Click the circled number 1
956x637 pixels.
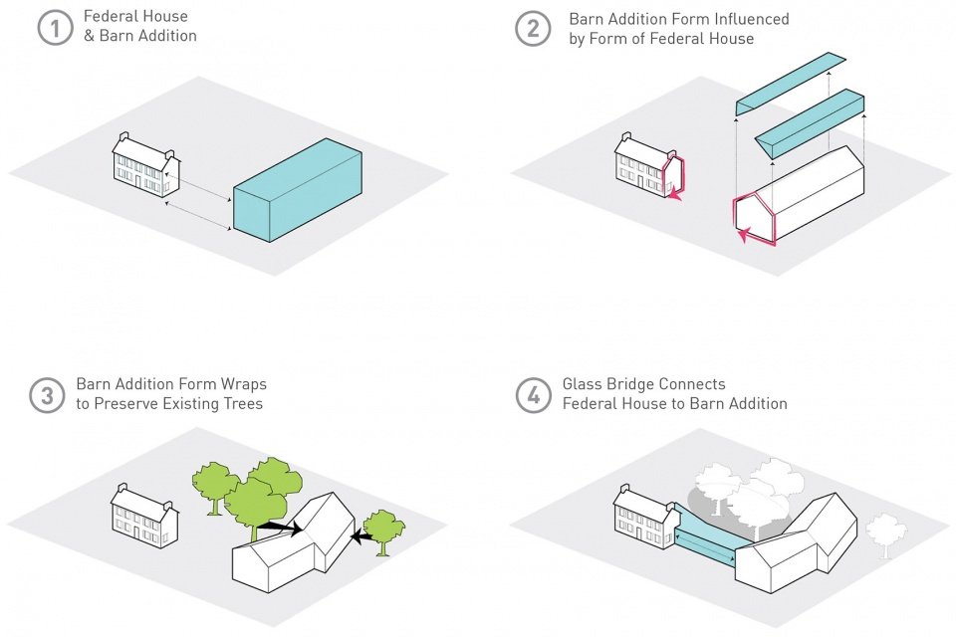pyautogui.click(x=56, y=29)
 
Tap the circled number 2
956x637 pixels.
pyautogui.click(x=533, y=29)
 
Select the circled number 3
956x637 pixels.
pyautogui.click(x=47, y=395)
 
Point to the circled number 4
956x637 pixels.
pyautogui.click(x=534, y=395)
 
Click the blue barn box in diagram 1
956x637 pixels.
pyautogui.click(x=298, y=190)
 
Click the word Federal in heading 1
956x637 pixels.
pyautogui.click(x=110, y=16)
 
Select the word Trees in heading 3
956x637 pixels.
pyautogui.click(x=243, y=403)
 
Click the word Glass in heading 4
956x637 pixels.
pyautogui.click(x=582, y=384)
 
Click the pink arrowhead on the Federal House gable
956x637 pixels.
pyautogui.click(x=674, y=195)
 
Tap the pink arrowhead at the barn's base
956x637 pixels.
pyautogui.click(x=742, y=235)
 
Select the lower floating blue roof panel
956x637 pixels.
pyautogui.click(x=810, y=123)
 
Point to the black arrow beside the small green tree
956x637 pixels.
pyautogui.click(x=362, y=537)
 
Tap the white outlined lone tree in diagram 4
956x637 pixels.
pyautogui.click(x=885, y=534)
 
